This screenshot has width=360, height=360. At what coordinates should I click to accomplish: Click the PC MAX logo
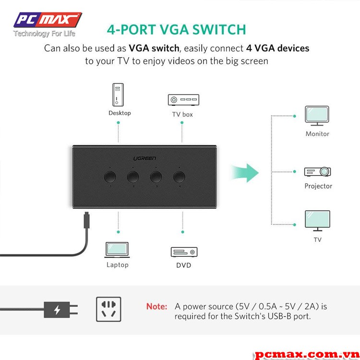click(47, 20)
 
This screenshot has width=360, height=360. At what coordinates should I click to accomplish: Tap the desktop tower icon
click(118, 95)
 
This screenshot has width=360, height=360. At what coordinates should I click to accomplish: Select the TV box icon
click(183, 100)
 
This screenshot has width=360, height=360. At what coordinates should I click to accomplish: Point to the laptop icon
click(117, 249)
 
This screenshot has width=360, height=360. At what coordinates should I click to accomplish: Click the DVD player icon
click(184, 252)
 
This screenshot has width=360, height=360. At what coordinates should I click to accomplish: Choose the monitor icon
click(317, 116)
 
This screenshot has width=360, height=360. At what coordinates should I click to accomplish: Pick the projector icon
click(318, 171)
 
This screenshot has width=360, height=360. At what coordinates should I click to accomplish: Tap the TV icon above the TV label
click(317, 220)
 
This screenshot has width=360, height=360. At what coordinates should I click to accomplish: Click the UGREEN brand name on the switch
click(144, 158)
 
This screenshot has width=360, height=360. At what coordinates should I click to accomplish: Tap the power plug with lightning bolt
click(60, 310)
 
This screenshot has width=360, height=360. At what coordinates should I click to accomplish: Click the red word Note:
click(157, 306)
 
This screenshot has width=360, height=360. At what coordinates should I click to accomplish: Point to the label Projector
click(318, 186)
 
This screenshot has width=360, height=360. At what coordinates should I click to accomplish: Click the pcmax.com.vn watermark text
click(306, 354)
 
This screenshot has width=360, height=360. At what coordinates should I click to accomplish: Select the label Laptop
click(118, 265)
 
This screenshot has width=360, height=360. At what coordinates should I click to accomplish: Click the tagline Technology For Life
click(44, 34)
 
